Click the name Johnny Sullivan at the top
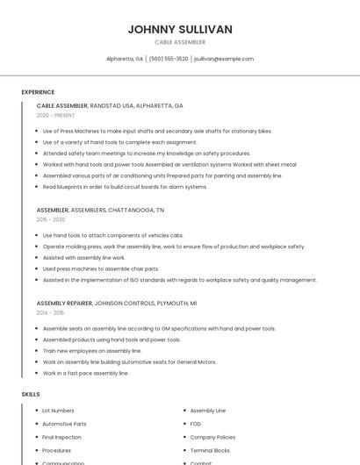pyautogui.click(x=180, y=29)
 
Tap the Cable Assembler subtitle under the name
pyautogui.click(x=180, y=42)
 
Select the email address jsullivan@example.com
pyautogui.click(x=224, y=59)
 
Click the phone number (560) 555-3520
pyautogui.click(x=169, y=59)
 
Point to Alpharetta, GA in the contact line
pyautogui.click(x=125, y=59)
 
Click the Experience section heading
pyautogui.click(x=38, y=92)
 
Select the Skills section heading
pyautogui.click(x=31, y=394)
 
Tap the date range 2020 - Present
pyautogui.click(x=56, y=115)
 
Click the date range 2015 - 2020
pyautogui.click(x=51, y=219)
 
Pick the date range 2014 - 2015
pyautogui.click(x=51, y=312)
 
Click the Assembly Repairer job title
pyautogui.click(x=63, y=303)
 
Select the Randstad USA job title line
pyautogui.click(x=110, y=105)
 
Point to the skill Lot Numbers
pyautogui.click(x=58, y=411)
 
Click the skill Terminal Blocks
pyautogui.click(x=209, y=449)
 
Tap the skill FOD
pyautogui.click(x=196, y=424)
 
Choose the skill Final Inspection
pyautogui.click(x=61, y=437)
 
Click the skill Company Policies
pyautogui.click(x=212, y=437)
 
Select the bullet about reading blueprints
pyautogui.click(x=125, y=187)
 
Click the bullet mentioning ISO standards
pyautogui.click(x=179, y=280)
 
